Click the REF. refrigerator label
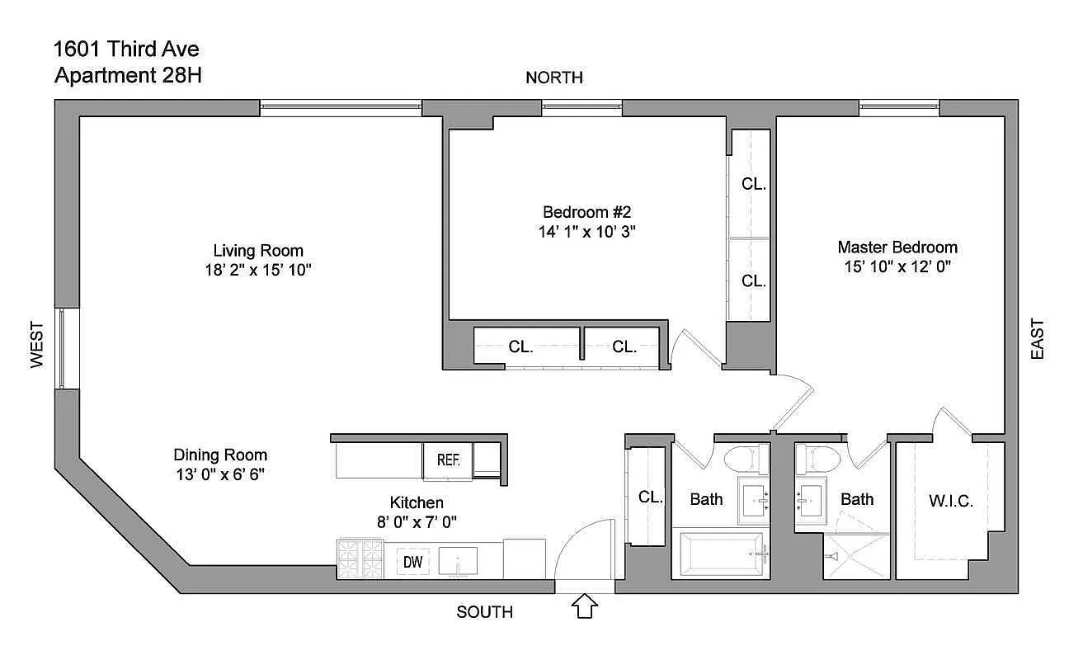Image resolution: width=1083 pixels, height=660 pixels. (x=448, y=460)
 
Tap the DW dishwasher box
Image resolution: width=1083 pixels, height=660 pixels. (x=413, y=562)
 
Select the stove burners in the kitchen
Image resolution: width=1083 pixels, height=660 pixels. (x=360, y=559)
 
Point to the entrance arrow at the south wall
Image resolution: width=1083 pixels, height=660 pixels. (x=584, y=606)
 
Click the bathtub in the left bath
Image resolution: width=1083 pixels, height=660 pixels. (x=721, y=553)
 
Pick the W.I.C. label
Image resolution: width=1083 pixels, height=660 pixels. (x=951, y=501)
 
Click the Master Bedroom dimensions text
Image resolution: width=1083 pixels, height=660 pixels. (x=897, y=266)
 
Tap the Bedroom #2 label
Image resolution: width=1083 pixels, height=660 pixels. (x=586, y=211)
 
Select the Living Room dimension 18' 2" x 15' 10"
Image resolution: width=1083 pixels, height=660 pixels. (x=258, y=270)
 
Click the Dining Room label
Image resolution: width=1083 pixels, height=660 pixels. (x=220, y=455)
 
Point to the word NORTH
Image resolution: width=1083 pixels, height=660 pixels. (x=554, y=78)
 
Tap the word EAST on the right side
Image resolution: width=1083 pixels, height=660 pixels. (x=1037, y=338)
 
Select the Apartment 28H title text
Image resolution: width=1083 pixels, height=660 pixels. (x=128, y=76)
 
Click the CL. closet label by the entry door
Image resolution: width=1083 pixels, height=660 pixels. (x=651, y=497)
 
